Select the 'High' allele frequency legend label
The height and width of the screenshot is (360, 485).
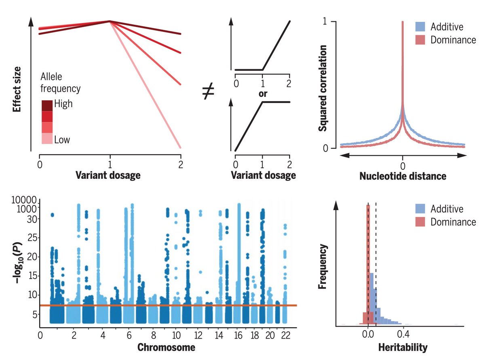(x=63, y=104)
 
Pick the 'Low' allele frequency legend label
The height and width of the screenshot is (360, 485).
(x=62, y=140)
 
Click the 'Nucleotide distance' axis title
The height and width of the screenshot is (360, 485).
(x=403, y=176)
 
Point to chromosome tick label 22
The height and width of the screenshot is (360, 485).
(x=285, y=336)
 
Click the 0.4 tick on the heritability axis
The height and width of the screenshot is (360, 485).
(x=402, y=335)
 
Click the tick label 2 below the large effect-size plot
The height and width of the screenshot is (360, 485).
(x=180, y=165)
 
